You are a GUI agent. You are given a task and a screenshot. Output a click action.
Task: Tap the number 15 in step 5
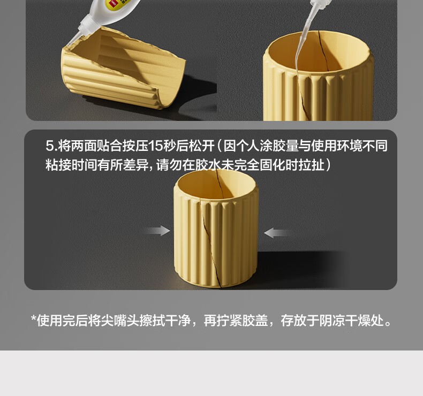[155, 146]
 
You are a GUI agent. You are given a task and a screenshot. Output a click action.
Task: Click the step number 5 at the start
[50, 146]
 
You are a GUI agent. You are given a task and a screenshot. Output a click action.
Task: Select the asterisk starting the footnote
[34, 318]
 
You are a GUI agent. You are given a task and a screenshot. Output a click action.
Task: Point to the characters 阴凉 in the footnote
[332, 321]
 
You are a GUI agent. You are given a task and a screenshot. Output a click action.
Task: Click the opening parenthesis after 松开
[220, 146]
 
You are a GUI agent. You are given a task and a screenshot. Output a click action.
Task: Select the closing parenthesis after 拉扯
[328, 165]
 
